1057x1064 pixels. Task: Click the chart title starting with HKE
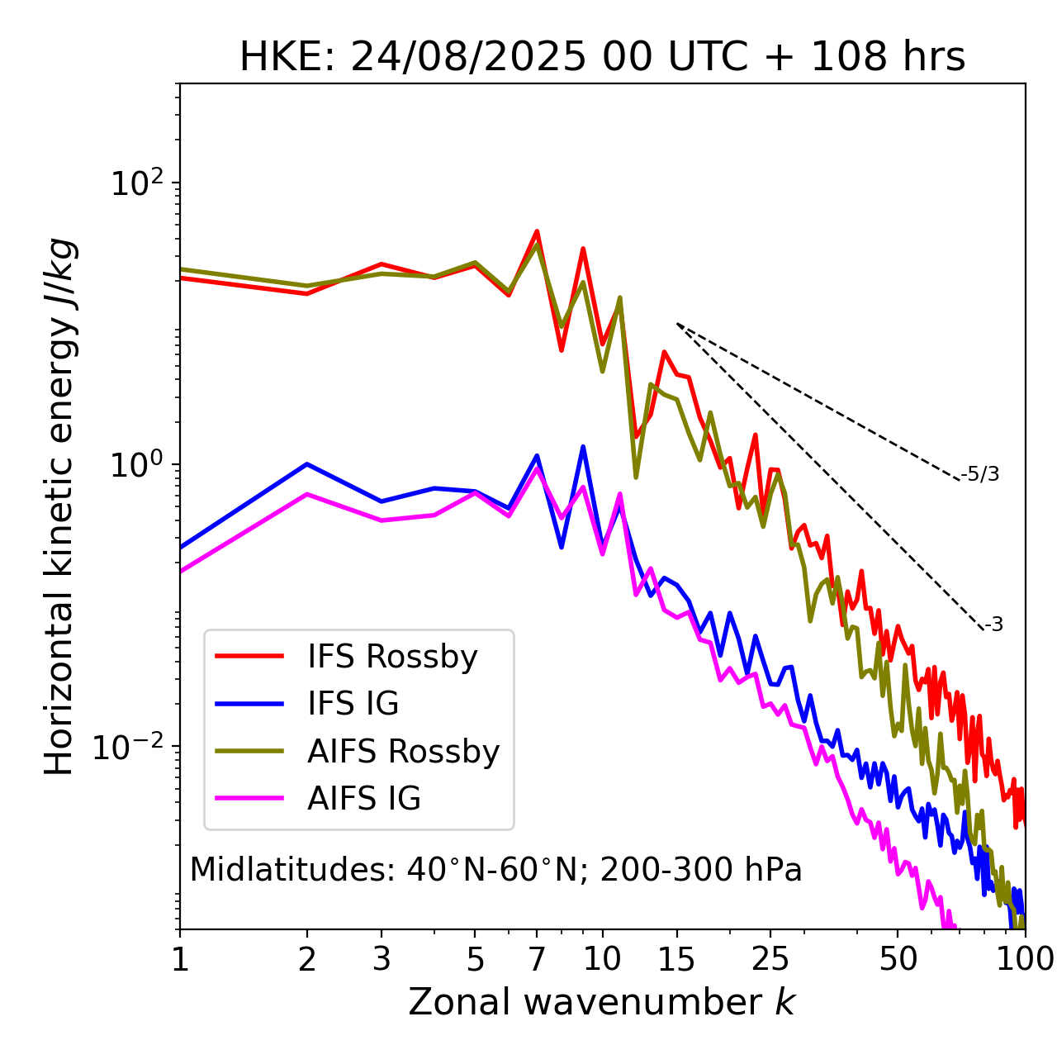[x=602, y=58]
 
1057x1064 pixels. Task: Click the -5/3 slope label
[x=980, y=475]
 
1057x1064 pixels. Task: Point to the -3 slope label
[x=993, y=625]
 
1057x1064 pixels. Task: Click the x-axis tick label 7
[x=537, y=959]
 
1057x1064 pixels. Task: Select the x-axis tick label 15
[x=676, y=959]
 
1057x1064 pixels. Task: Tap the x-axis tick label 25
[x=770, y=959]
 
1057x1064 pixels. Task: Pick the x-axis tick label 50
[x=898, y=959]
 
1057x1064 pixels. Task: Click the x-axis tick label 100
[x=1024, y=959]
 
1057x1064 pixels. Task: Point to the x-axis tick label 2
[x=307, y=959]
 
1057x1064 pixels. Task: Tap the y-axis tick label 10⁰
[x=135, y=464]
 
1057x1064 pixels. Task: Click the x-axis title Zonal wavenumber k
[x=602, y=1002]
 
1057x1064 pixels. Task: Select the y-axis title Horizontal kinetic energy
[x=60, y=506]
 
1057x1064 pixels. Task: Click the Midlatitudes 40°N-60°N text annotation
[x=495, y=870]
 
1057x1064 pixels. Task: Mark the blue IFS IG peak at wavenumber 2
[x=307, y=464]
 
